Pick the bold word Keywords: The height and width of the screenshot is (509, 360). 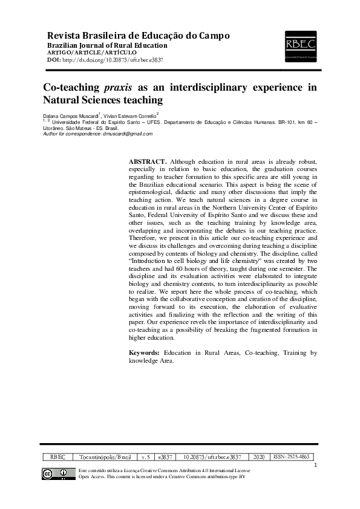pos(145,352)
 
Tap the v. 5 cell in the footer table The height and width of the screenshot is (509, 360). pos(145,458)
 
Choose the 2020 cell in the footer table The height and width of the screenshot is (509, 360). pos(259,458)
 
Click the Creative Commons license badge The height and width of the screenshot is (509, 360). pos(56,474)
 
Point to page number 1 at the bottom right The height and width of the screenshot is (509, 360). pos(316,465)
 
